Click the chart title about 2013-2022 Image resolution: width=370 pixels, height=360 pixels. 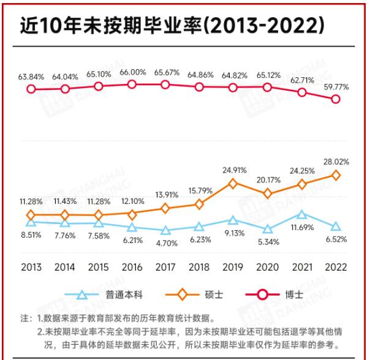pos(172,25)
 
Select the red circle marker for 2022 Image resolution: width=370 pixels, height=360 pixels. pos(336,99)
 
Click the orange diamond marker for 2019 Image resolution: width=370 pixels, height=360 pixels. pos(233,182)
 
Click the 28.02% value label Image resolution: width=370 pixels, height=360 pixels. pos(336,162)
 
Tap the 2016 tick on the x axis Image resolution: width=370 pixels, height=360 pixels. pos(132,268)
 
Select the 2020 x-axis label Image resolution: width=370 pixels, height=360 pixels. pos(267,268)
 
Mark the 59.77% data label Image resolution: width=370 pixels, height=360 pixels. pos(336,87)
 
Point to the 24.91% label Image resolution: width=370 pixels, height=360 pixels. pos(233,170)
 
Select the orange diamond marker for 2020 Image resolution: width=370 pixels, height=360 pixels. pos(267,193)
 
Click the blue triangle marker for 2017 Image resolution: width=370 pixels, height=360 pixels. pos(165,231)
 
